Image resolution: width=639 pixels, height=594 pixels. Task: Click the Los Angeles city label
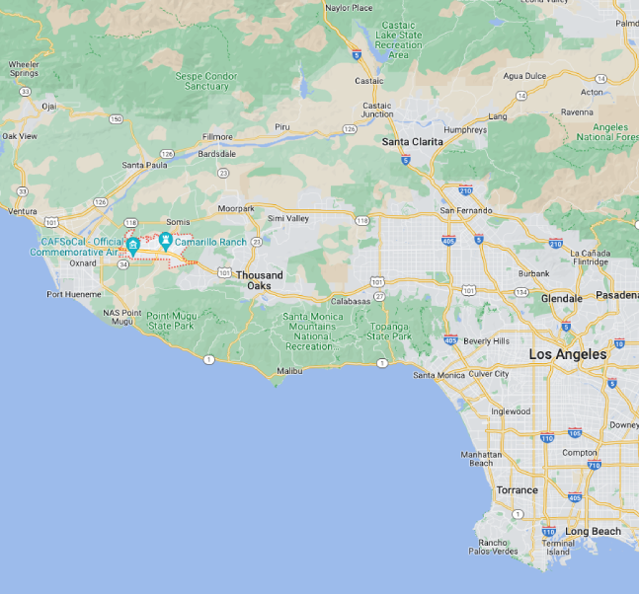(567, 354)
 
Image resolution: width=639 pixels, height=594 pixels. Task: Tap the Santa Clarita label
(412, 142)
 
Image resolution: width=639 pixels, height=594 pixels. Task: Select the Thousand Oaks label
(259, 280)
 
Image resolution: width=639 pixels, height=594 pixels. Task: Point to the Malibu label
(288, 371)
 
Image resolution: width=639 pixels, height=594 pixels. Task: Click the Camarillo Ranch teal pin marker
(166, 240)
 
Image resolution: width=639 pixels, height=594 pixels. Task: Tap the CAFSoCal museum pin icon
(132, 245)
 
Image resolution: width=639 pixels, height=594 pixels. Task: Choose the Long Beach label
(593, 532)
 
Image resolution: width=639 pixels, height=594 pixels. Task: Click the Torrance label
(517, 490)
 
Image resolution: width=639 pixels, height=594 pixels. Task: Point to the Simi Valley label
(288, 218)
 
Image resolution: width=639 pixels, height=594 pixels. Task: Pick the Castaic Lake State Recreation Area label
(397, 40)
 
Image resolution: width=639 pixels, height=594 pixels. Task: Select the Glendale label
(561, 298)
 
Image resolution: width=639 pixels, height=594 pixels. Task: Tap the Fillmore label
(216, 137)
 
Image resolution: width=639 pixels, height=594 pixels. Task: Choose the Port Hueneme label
(74, 294)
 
